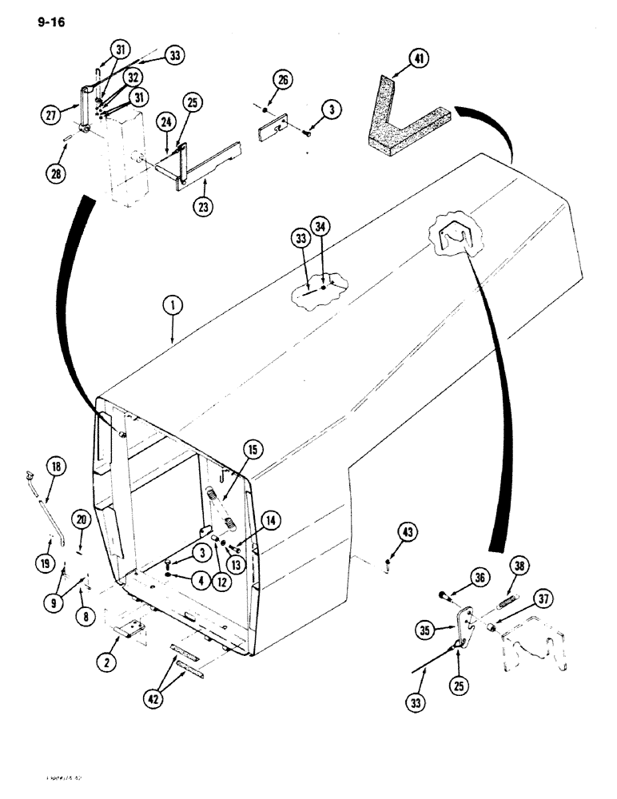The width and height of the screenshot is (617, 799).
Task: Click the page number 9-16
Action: tap(49, 22)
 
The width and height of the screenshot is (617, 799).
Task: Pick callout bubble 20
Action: tap(84, 519)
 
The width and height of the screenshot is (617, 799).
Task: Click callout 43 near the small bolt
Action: tap(386, 533)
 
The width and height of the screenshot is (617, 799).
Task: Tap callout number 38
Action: tap(519, 567)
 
